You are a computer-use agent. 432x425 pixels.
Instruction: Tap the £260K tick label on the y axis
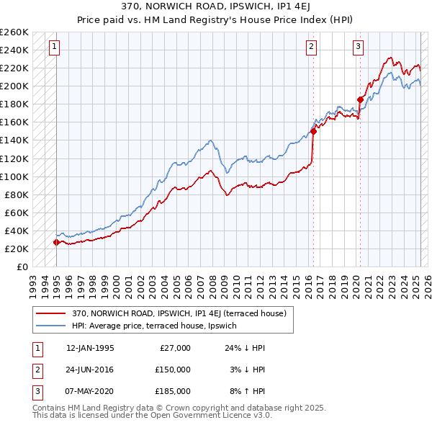pos(14,32)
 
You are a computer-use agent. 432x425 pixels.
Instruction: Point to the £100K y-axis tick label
pos(14,176)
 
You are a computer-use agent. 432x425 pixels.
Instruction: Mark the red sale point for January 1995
pos(56,242)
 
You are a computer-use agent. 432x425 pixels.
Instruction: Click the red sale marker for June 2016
pos(313,131)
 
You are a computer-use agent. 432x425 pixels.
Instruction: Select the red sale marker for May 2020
pos(360,99)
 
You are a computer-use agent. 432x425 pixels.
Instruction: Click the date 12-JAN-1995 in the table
pos(90,348)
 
